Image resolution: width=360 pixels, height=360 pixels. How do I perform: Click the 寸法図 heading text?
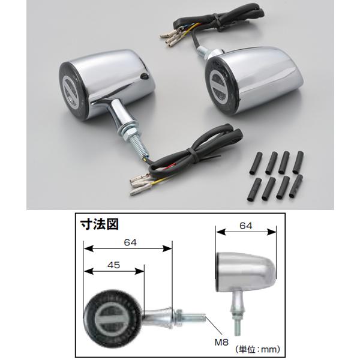point(100,224)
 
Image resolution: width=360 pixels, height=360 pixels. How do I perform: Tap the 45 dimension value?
point(113,265)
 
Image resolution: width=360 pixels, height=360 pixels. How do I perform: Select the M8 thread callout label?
point(221,343)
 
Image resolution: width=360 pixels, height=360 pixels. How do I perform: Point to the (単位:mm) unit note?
point(257,350)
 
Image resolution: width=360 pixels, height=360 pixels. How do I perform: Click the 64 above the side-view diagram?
point(246,226)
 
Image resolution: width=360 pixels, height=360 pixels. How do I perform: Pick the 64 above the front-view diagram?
point(130,242)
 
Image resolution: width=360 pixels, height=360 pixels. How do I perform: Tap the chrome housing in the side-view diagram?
point(245,272)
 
